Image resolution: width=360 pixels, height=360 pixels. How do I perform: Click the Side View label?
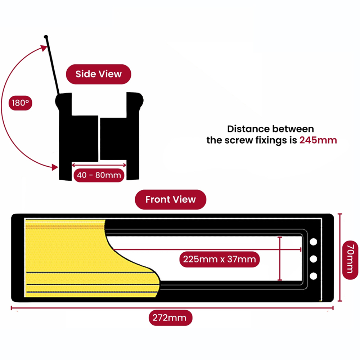(98, 74)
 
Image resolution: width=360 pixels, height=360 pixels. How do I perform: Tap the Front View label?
(170, 199)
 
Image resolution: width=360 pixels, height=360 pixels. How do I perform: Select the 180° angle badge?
(20, 103)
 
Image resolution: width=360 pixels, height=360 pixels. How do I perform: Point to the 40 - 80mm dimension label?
(99, 175)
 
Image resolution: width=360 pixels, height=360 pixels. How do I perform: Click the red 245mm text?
(318, 140)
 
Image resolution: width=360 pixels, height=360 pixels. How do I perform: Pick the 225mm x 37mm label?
(219, 259)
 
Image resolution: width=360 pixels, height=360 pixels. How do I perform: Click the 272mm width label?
(171, 318)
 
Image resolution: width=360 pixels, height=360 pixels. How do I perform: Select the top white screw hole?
(314, 242)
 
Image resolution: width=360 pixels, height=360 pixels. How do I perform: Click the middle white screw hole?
(314, 259)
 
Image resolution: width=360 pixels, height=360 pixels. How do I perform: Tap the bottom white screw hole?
(314, 276)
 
